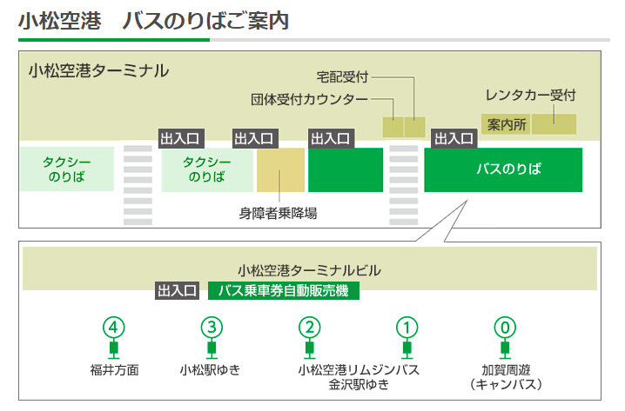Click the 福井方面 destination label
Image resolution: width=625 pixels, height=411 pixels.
point(114,370)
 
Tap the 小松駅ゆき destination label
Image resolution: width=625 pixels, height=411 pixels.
point(210,370)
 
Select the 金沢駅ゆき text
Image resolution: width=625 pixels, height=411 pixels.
point(359,384)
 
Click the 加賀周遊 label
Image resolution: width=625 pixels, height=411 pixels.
point(506,370)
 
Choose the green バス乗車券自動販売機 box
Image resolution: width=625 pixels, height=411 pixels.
point(284,291)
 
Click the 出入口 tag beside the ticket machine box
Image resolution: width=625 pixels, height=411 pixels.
point(177,291)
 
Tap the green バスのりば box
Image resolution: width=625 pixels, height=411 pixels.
point(503,170)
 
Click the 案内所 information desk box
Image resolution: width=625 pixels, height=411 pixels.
point(506,124)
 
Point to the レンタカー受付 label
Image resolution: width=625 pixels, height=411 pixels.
point(530,95)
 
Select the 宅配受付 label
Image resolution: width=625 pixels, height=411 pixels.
point(342,76)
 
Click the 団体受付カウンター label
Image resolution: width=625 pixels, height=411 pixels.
point(309,99)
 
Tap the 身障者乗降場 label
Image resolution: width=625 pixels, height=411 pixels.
point(279,214)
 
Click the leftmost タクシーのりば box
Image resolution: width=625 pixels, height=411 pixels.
point(67,169)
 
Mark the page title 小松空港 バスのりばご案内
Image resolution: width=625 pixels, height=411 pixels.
point(153,21)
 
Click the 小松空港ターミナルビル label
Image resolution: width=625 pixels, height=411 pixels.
point(309,270)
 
